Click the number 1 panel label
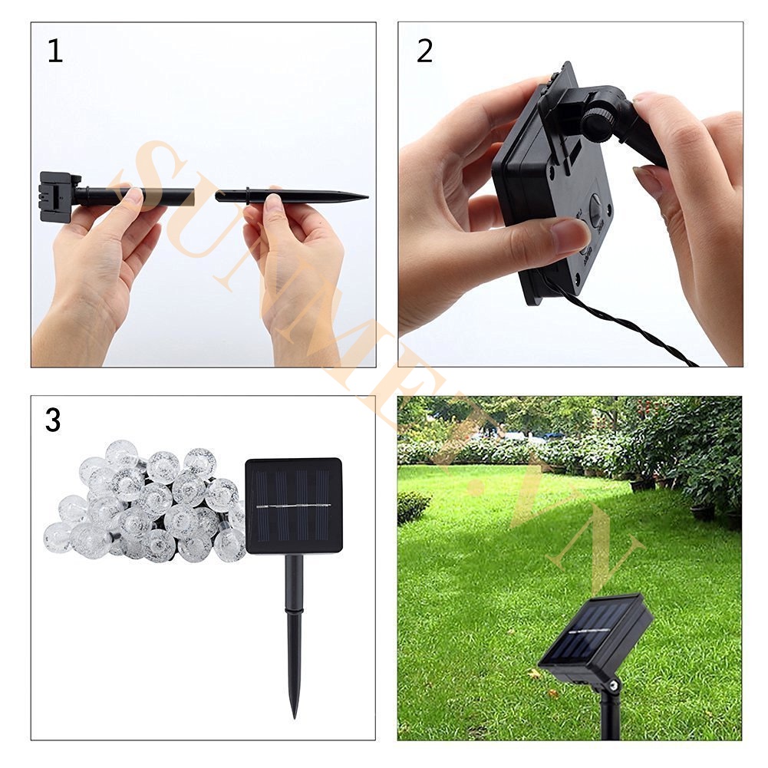pos(54,51)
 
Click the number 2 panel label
pos(424,51)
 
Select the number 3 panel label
pos(52,420)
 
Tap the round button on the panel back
pos(596,209)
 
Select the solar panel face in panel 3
pos(293,506)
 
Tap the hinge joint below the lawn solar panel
pos(613,685)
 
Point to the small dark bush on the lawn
pos(413,506)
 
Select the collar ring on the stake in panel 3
pos(294,611)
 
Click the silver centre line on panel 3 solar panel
pos(293,506)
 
